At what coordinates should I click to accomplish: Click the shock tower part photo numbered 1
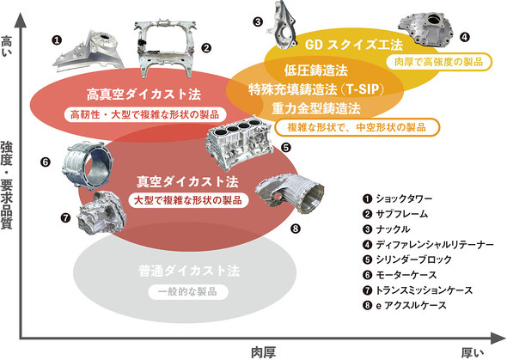[89, 51]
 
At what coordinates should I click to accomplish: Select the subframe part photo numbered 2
[166, 48]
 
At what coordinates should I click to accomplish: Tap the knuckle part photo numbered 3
[281, 25]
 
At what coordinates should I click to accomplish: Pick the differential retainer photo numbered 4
[425, 30]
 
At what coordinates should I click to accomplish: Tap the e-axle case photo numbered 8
[290, 193]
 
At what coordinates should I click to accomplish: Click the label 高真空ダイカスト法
[144, 95]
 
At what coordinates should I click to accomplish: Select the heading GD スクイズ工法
[354, 45]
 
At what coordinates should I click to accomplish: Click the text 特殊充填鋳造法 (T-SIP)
[316, 89]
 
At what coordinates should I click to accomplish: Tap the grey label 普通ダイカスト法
[189, 271]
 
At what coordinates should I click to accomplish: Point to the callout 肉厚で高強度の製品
[439, 61]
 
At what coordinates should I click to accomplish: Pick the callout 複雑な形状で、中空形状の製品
[357, 127]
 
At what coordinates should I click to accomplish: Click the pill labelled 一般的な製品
[188, 292]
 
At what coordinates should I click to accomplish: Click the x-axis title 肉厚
[264, 352]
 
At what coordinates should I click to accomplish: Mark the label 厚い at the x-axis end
[473, 352]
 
